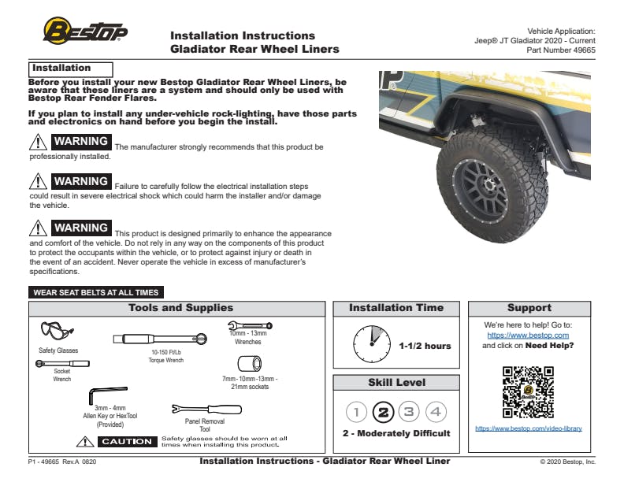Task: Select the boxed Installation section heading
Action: [x=70, y=69]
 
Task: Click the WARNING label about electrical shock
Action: [x=80, y=182]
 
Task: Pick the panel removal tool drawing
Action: [x=206, y=410]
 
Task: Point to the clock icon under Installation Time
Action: [x=372, y=345]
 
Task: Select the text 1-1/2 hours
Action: [x=425, y=346]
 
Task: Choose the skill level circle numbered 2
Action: [x=383, y=412]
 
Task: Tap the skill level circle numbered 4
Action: [x=436, y=412]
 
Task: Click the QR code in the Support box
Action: [x=528, y=391]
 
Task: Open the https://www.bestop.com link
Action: [x=528, y=335]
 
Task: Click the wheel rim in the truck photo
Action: [x=485, y=180]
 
